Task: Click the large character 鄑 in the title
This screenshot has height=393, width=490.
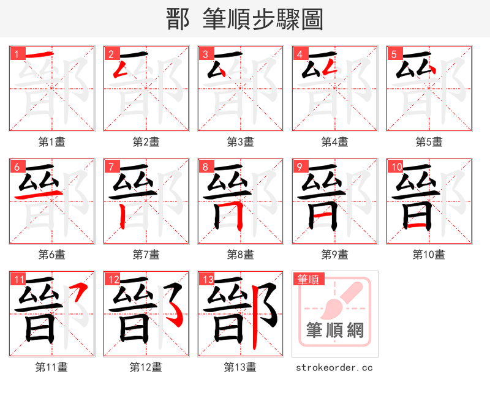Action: click(177, 20)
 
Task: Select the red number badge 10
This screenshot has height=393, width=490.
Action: click(396, 167)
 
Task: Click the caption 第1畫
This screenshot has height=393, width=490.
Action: click(52, 142)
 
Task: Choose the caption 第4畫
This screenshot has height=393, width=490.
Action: click(335, 142)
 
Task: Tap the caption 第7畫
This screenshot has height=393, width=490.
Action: click(146, 254)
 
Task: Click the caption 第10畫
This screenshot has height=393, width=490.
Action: click(429, 254)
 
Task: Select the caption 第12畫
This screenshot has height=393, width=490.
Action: click(146, 367)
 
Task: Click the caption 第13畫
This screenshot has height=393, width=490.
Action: click(240, 367)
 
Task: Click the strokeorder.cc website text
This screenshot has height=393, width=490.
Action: click(334, 367)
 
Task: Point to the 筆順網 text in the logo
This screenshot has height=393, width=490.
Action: click(335, 331)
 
